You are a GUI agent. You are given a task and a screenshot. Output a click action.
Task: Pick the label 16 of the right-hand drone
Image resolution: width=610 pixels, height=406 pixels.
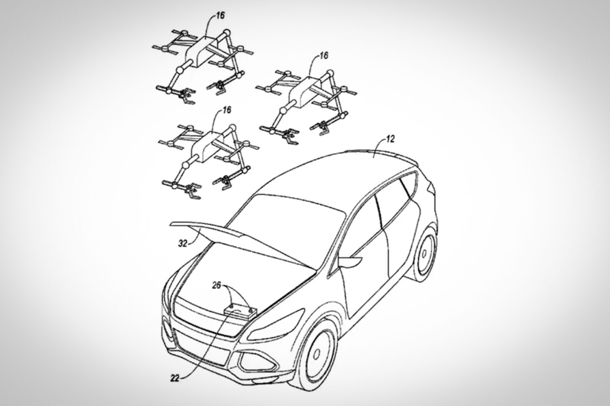[x=324, y=56]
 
